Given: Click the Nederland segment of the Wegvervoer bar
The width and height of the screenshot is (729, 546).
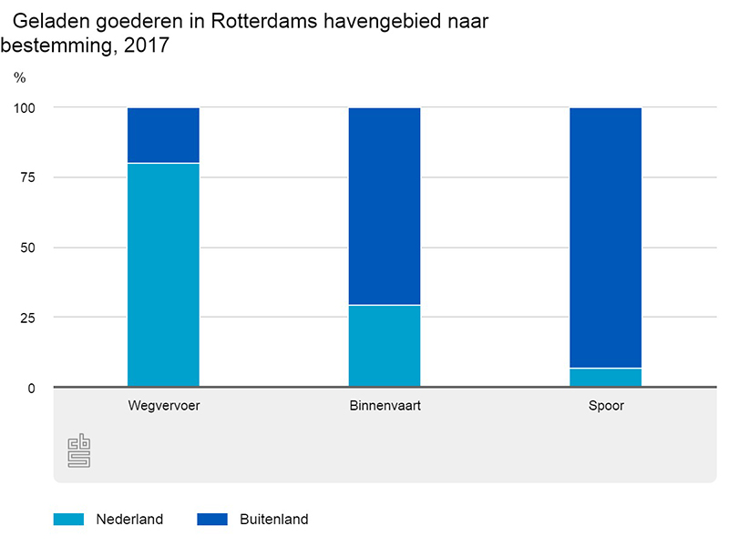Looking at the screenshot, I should point(163,275).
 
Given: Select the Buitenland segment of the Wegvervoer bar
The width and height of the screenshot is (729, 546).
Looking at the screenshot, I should point(163,135).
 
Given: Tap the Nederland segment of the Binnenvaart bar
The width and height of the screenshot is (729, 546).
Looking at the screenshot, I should point(385,346).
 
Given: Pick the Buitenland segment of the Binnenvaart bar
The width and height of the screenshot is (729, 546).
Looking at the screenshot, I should point(385,206).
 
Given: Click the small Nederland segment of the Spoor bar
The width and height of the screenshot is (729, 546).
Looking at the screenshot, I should point(606,378).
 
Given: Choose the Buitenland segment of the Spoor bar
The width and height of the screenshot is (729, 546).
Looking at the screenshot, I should point(606,238).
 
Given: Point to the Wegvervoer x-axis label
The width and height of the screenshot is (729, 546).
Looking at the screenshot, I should point(164,406).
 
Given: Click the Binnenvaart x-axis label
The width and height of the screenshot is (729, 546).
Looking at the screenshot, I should point(385,406).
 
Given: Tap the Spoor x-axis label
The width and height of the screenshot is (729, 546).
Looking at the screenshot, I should point(606,406).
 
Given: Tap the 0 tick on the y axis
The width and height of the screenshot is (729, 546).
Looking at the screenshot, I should point(31,388).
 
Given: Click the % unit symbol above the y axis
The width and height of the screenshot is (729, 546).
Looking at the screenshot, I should point(20,77).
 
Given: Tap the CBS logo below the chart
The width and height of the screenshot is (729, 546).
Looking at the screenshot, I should point(79,450).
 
